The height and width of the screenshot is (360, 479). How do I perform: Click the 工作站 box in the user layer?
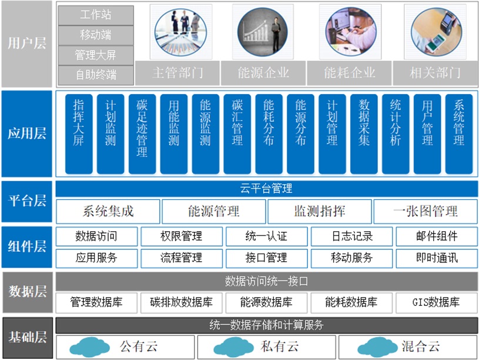click(x=96, y=15)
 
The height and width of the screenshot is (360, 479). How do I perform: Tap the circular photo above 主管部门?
click(x=180, y=32)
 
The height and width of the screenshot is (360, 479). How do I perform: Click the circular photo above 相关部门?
click(x=436, y=32)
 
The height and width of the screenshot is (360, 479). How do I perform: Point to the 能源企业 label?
click(x=263, y=73)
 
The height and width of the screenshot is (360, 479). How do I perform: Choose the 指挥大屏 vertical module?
click(x=79, y=134)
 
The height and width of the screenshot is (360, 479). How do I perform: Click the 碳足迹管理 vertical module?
click(x=142, y=134)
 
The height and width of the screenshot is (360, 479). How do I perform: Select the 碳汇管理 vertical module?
click(x=237, y=134)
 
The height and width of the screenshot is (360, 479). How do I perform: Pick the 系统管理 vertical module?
click(x=459, y=134)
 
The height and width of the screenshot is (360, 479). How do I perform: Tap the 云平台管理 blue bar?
click(x=267, y=189)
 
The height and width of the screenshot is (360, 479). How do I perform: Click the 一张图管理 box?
click(x=426, y=211)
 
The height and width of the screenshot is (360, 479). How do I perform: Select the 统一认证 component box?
click(x=267, y=236)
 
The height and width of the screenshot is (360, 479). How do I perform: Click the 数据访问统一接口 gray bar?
click(x=267, y=281)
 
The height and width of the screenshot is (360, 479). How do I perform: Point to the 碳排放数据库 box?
click(x=182, y=302)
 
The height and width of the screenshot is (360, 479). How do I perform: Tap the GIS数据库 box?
click(x=437, y=302)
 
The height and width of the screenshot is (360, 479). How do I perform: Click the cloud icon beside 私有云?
click(x=234, y=347)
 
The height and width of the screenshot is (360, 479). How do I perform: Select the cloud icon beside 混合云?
click(x=378, y=347)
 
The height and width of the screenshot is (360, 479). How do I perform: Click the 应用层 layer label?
click(x=27, y=134)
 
